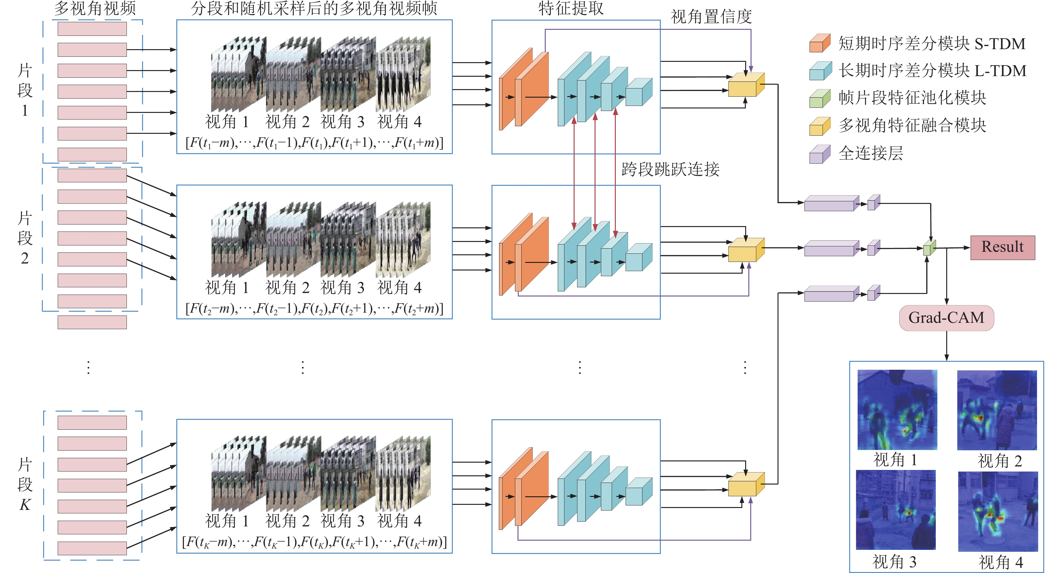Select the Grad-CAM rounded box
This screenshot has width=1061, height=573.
(x=947, y=318)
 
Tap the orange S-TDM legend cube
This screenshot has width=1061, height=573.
(x=820, y=43)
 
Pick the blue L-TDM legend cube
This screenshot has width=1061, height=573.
(x=820, y=70)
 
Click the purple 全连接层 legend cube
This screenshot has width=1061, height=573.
(x=820, y=154)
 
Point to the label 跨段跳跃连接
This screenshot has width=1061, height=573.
(x=671, y=169)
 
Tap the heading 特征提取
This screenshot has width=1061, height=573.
(x=571, y=8)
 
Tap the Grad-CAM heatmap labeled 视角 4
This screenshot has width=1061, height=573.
(x=998, y=511)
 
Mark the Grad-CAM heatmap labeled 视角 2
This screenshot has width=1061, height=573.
(x=997, y=410)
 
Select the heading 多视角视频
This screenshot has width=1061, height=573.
(x=95, y=8)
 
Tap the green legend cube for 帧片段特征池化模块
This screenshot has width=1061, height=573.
(x=820, y=98)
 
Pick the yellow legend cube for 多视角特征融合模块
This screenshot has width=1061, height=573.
(x=820, y=126)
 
